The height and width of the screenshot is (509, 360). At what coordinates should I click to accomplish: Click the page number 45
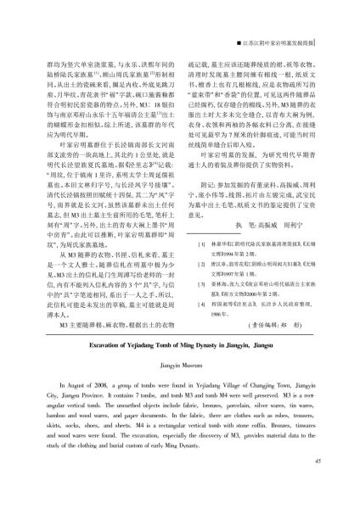pyautogui.click(x=316, y=484)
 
